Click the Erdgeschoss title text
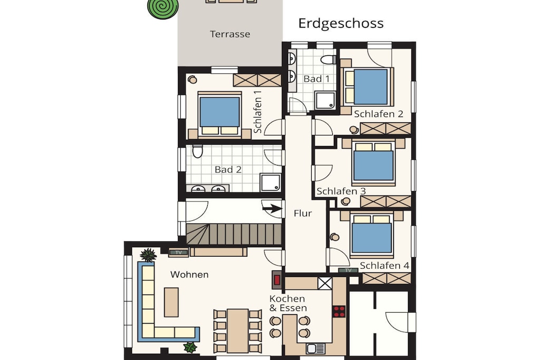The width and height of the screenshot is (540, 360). point(341,23)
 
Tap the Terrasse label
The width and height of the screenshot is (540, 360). point(230,34)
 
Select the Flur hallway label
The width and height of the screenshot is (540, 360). point(303,213)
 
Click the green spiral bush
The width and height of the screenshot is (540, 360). point(163,8)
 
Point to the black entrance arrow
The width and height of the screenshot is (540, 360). point(273,208)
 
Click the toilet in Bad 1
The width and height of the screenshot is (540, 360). point(328,60)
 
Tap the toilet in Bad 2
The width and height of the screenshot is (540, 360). point(198,151)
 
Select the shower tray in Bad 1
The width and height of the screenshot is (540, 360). point(325,100)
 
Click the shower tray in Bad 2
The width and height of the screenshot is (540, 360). point(271,182)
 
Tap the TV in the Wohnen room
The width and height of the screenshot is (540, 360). point(178,252)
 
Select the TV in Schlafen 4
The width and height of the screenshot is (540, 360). point(348,270)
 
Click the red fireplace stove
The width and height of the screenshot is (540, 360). point(277,279)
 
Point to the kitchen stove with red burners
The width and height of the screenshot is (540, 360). point(339,311)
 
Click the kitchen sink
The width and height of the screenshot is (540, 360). point(316,348)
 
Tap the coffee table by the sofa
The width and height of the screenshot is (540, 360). point(171,302)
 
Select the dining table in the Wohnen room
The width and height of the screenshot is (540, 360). point(238,330)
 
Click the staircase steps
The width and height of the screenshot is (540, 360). point(234,234)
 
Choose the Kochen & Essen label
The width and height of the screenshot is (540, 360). point(288,303)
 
